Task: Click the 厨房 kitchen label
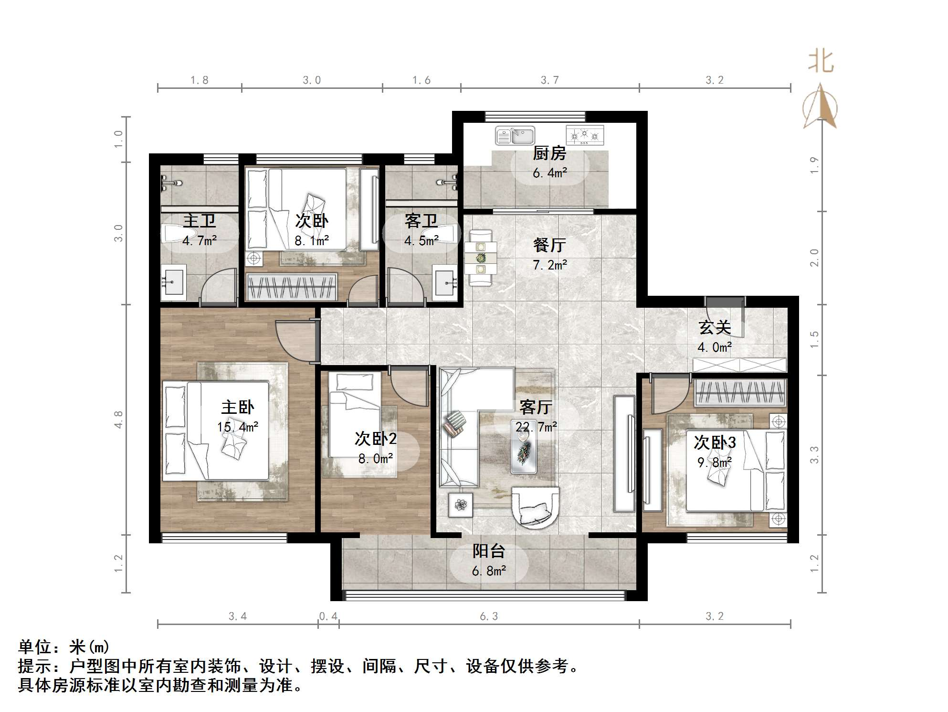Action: [549, 154]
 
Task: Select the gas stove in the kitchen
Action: [585, 136]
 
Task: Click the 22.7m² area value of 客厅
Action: [536, 427]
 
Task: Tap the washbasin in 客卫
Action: [445, 283]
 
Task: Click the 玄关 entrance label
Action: [715, 328]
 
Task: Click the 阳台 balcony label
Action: [489, 551]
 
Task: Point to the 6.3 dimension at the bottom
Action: [489, 616]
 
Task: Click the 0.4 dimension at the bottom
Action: [328, 616]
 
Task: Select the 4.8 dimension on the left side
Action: [118, 419]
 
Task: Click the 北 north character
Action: [821, 62]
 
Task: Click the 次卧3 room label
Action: [715, 443]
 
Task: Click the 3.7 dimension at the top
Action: [549, 80]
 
